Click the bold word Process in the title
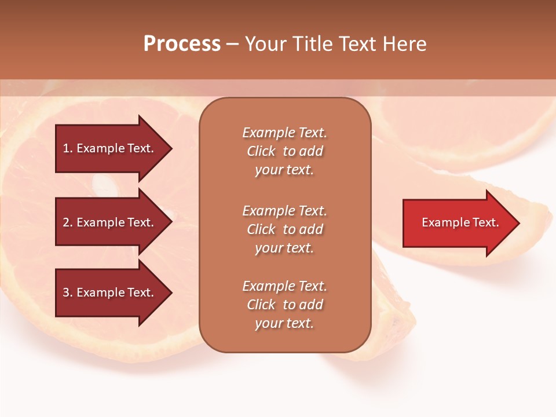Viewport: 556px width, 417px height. [182, 44]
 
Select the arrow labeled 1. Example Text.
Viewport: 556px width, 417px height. [110, 148]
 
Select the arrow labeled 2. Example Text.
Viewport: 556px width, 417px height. [110, 222]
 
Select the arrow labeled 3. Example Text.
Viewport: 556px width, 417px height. [110, 292]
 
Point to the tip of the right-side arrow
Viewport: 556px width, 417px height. [518, 223]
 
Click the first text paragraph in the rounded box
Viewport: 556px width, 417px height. [284, 151]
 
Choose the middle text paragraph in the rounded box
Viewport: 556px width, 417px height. [284, 229]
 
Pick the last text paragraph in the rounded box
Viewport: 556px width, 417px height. [284, 305]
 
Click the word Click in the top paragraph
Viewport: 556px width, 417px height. [261, 151]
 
